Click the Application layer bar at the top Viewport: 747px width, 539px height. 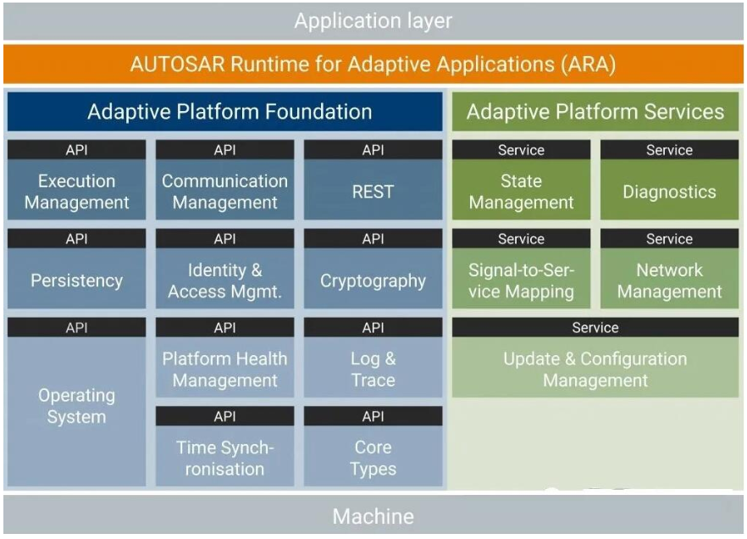pyautogui.click(x=373, y=21)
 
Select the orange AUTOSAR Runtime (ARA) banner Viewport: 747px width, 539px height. pyautogui.click(x=373, y=64)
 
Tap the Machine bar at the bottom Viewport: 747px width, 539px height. pyautogui.click(x=373, y=516)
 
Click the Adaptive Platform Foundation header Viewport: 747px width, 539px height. pyautogui.click(x=225, y=112)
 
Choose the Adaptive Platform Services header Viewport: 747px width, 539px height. pyautogui.click(x=595, y=112)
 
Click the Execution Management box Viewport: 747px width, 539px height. pyautogui.click(x=77, y=192)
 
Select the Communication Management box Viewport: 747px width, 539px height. pyautogui.click(x=225, y=192)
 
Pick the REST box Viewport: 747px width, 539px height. pyautogui.click(x=373, y=192)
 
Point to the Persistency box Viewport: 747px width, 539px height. pyautogui.click(x=77, y=281)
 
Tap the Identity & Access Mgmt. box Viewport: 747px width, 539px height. pyautogui.click(x=225, y=281)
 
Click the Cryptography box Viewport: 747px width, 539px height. pyautogui.click(x=373, y=281)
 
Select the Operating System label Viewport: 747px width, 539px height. pyautogui.click(x=77, y=406)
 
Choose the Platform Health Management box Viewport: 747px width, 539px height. pyautogui.click(x=225, y=370)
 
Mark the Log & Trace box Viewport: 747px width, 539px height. pyautogui.click(x=373, y=370)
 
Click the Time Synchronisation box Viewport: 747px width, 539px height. pyautogui.click(x=225, y=458)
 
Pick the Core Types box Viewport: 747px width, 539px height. pyautogui.click(x=373, y=458)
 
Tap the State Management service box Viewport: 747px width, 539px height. pyautogui.click(x=522, y=192)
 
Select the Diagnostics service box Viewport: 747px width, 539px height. pyautogui.click(x=670, y=192)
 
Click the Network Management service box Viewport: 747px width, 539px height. pyautogui.click(x=670, y=281)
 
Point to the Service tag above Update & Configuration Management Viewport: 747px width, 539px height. pyautogui.click(x=595, y=327)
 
